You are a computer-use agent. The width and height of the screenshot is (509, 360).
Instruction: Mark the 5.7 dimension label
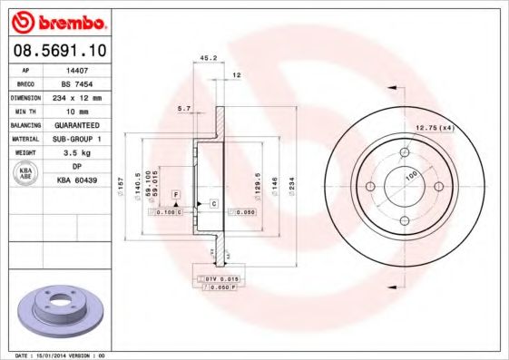click(x=184, y=108)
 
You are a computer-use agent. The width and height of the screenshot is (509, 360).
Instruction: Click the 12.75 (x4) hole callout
click(x=434, y=127)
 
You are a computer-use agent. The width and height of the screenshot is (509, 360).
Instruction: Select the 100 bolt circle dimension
click(x=411, y=173)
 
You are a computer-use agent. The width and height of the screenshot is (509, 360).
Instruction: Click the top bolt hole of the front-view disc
click(x=403, y=151)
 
